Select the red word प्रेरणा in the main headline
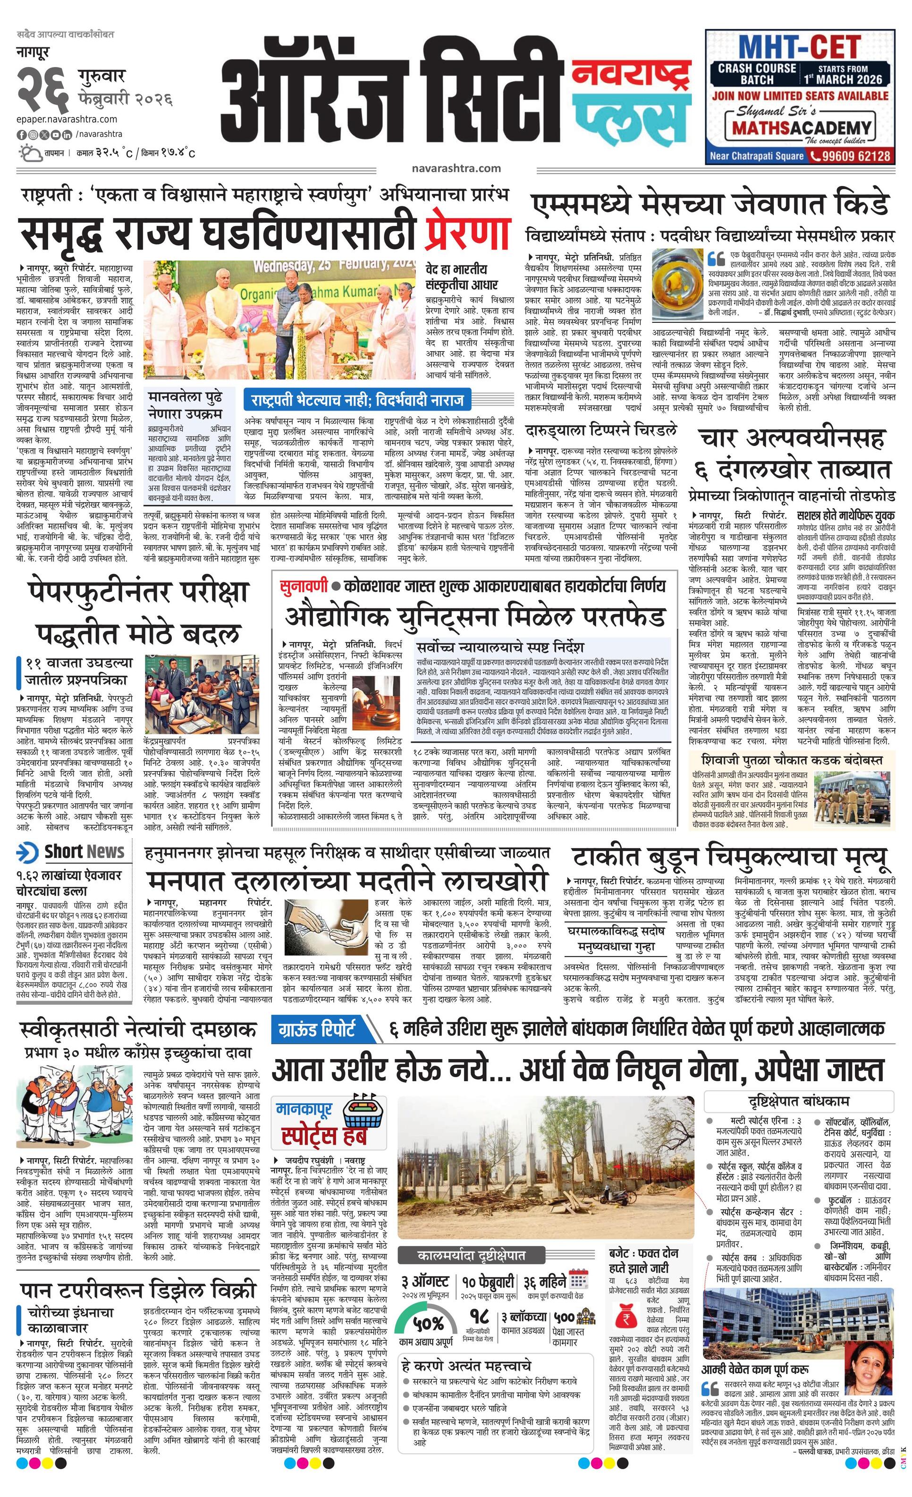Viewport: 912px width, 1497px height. coord(467,233)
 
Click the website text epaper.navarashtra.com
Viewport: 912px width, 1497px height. coord(67,119)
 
